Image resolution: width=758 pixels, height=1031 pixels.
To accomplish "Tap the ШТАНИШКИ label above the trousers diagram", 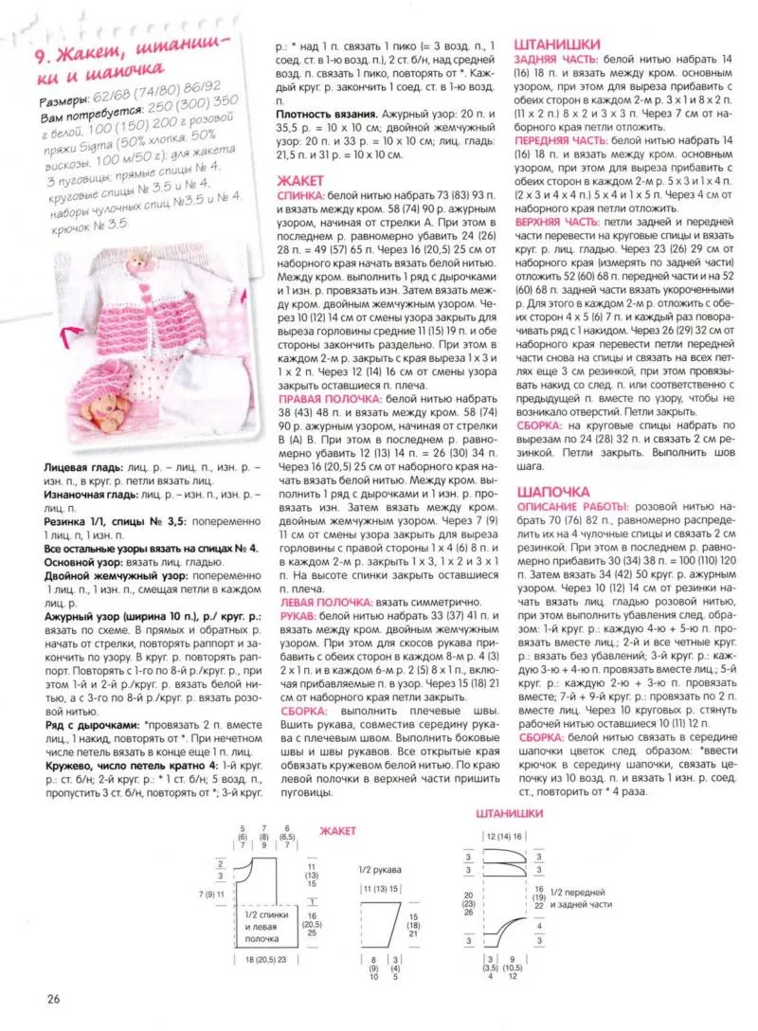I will click(x=507, y=814).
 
